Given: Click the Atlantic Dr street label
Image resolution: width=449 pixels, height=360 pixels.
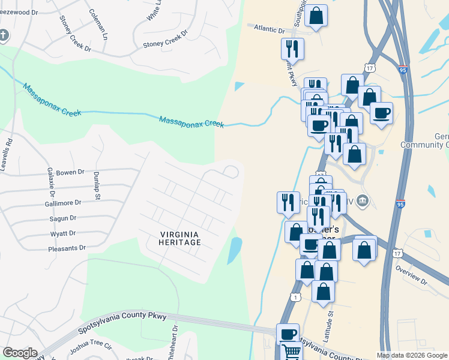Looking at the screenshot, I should tap(269, 28).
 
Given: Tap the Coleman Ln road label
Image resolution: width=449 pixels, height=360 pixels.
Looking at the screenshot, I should tap(98, 25).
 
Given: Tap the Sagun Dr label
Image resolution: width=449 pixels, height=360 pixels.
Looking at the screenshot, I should tap(64, 218).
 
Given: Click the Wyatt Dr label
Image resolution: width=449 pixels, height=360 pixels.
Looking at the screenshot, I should tap(64, 233).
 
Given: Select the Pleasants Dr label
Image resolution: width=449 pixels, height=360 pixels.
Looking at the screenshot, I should tap(67, 248).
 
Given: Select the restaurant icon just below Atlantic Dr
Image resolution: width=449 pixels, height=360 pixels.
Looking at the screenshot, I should tap(292, 48).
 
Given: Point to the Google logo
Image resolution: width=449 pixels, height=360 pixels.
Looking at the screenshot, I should tap(20, 353).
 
